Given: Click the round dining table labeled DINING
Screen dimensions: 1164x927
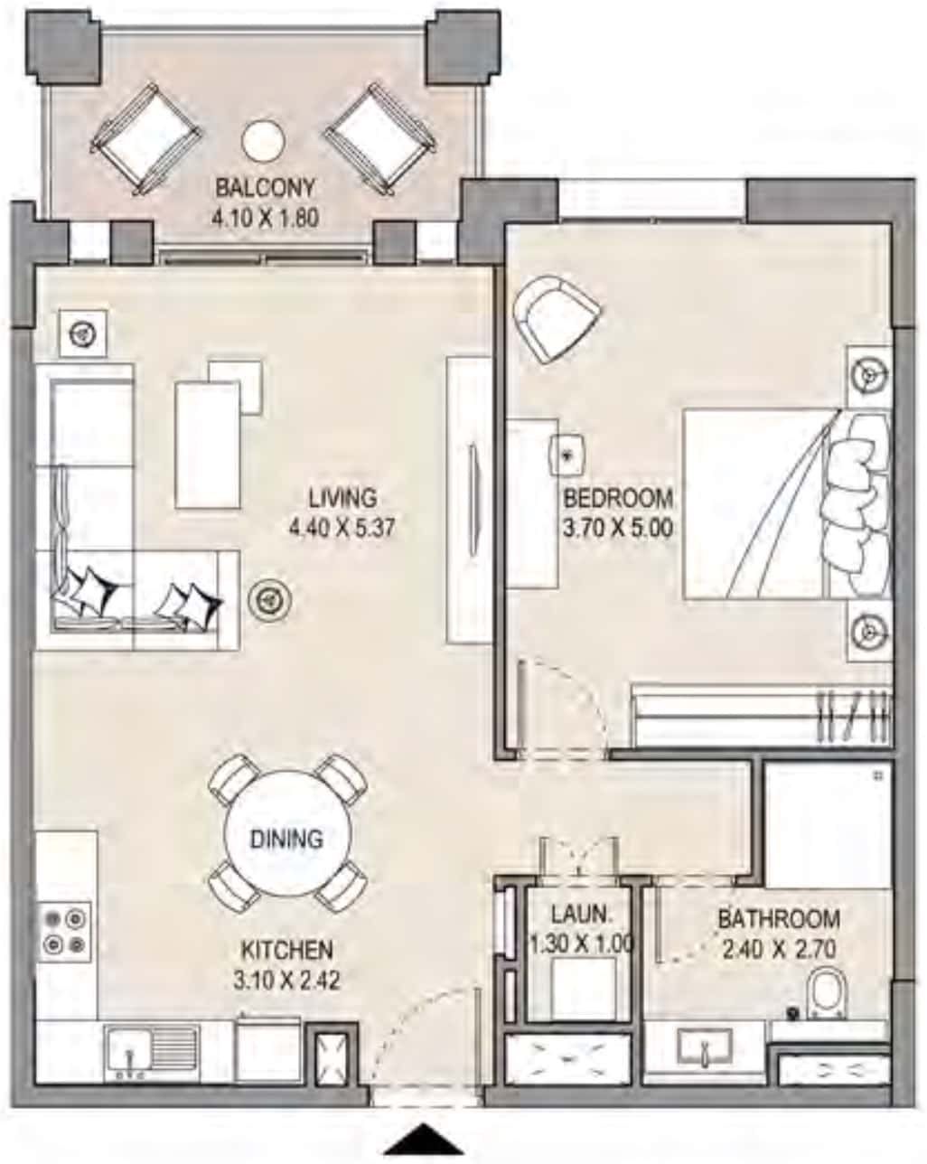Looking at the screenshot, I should coord(286,838).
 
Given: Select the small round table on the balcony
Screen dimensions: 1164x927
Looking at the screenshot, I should coord(263,140).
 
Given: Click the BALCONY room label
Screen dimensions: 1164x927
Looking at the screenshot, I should coord(265,188).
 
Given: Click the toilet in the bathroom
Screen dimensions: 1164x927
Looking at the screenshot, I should coord(826,991).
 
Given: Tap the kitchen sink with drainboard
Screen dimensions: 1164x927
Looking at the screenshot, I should coord(151,1051).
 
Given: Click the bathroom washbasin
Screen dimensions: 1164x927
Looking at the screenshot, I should coord(707,1047).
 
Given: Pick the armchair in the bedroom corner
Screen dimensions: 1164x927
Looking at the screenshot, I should coord(555,319).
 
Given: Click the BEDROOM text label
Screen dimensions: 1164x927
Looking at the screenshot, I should coord(618,498).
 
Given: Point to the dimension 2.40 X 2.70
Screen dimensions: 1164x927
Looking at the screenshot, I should coord(778,949).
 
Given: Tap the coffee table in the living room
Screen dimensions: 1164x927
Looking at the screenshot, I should coord(209,443).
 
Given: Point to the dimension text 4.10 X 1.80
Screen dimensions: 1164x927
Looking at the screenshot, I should coord(265,217).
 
